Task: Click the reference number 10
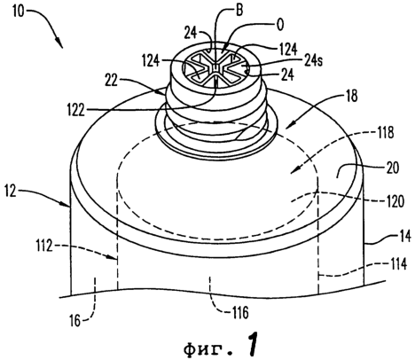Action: coord(19,12)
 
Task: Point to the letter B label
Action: coord(239,10)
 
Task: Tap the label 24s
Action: coord(312,60)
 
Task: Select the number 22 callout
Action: coord(112,81)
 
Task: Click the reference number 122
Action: coord(76,110)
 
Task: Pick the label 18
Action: coord(351,96)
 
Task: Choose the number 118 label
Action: coord(385,133)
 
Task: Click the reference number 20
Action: coord(392,168)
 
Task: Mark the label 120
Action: coord(395,201)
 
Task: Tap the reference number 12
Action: coord(11,192)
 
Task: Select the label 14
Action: coord(404,237)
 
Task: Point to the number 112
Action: coord(44,246)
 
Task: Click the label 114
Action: coord(398,264)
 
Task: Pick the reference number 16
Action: coord(75,321)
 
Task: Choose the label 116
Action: coord(239,312)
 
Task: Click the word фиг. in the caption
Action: coord(207,349)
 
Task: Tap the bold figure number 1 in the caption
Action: coord(251,344)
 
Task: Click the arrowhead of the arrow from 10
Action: coord(59,43)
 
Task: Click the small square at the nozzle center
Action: coord(215,68)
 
